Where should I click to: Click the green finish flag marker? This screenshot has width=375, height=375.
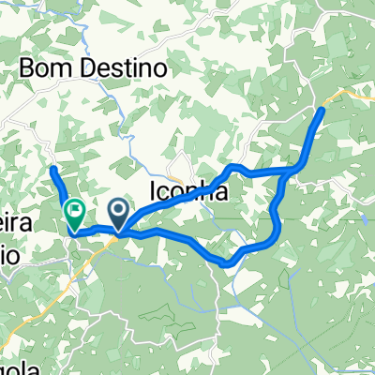point(74,215)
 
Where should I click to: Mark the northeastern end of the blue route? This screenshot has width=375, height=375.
point(322,111)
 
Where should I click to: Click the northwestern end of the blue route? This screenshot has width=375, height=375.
point(53,170)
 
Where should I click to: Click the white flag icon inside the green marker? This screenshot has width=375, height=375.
point(74,211)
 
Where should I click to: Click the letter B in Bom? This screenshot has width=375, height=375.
point(27,68)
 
